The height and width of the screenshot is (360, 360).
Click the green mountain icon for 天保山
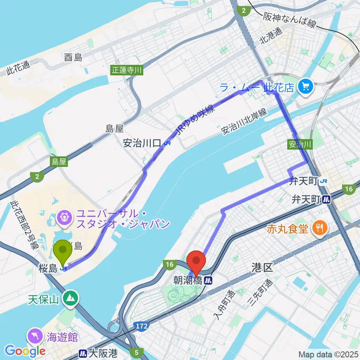pos(70,298)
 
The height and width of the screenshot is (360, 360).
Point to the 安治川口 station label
pos(142,143)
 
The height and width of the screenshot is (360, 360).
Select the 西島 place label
pos(73,57)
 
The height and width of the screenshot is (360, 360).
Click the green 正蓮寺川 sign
pos(127,70)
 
